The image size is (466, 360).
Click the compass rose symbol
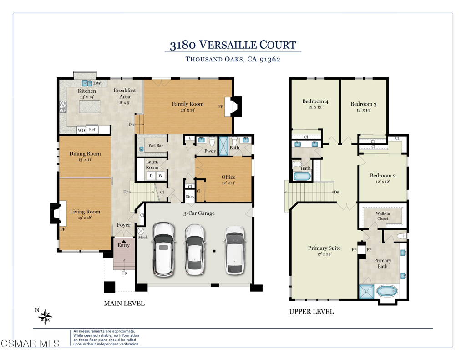click(45, 317)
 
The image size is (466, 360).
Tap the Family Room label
click(187, 104)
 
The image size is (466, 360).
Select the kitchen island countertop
click(90, 106)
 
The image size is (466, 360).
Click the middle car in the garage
click(194, 250)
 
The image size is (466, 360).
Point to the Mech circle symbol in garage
click(141, 231)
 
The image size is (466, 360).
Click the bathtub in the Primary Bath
click(387, 291)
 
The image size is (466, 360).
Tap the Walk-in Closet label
click(383, 216)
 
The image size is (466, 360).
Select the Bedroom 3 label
click(364, 104)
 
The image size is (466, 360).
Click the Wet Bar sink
click(141, 149)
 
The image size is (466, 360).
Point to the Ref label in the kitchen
click(92, 130)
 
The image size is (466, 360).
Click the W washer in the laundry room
click(161, 176)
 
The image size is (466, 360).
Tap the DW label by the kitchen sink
click(97, 84)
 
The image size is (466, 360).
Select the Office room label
click(228, 177)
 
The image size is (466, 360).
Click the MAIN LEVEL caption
click(124, 304)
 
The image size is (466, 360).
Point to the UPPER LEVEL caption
click(311, 312)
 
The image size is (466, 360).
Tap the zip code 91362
click(270, 60)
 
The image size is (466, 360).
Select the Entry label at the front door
click(124, 245)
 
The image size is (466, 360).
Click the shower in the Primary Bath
click(366, 291)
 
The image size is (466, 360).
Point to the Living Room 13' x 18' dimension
click(85, 218)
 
